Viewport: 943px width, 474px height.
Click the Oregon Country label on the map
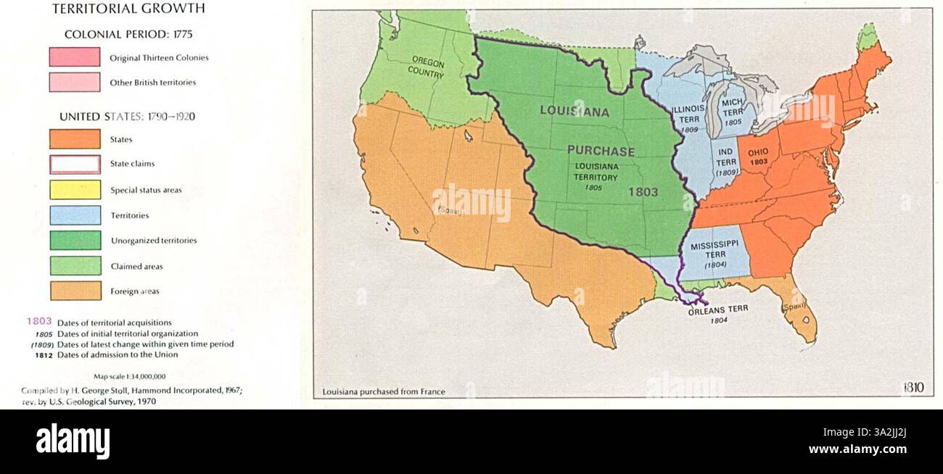click(x=426, y=67)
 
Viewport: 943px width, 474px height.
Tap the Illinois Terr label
click(x=688, y=113)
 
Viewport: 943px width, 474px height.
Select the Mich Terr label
click(x=733, y=108)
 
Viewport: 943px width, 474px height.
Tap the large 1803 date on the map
click(x=643, y=192)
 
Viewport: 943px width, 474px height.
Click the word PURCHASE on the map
click(x=601, y=151)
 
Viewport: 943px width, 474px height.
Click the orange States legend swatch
click(x=75, y=139)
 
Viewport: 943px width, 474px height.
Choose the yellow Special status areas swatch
click(x=75, y=190)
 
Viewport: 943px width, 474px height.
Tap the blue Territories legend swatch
click(x=75, y=215)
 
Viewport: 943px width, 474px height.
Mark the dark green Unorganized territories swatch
click(x=75, y=241)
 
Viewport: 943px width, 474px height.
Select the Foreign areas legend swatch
click(x=75, y=291)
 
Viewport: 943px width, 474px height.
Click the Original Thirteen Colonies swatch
click(x=75, y=57)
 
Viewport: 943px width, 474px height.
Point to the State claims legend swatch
click(x=75, y=165)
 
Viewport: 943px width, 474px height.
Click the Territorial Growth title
click(x=128, y=9)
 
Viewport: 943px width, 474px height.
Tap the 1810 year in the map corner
click(x=913, y=388)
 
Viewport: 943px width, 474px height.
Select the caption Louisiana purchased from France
click(x=384, y=392)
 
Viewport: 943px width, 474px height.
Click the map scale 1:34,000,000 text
click(x=130, y=377)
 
